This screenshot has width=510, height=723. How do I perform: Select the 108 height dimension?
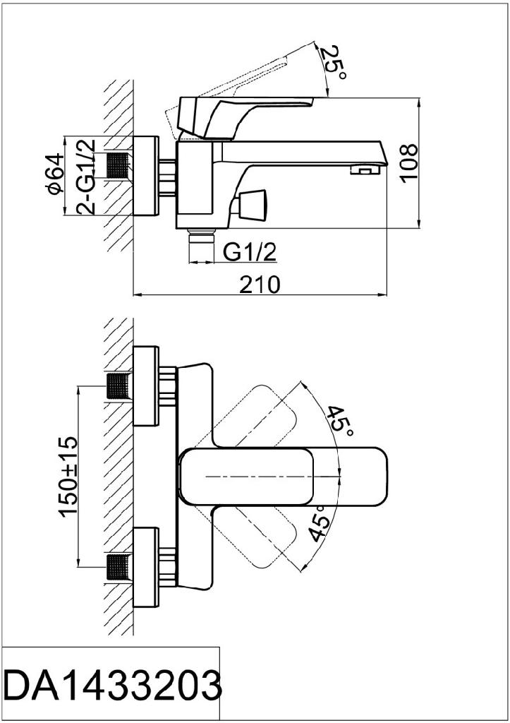(x=408, y=163)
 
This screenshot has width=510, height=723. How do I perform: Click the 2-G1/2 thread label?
(x=85, y=176)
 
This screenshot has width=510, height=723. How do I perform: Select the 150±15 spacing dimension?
(x=68, y=477)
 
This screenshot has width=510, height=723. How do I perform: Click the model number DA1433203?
(x=112, y=685)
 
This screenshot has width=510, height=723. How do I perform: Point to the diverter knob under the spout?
(x=250, y=204)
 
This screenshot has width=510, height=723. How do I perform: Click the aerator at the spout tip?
(x=363, y=169)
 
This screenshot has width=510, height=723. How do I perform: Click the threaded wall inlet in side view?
(x=119, y=166)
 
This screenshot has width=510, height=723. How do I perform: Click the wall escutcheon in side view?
(x=146, y=176)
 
